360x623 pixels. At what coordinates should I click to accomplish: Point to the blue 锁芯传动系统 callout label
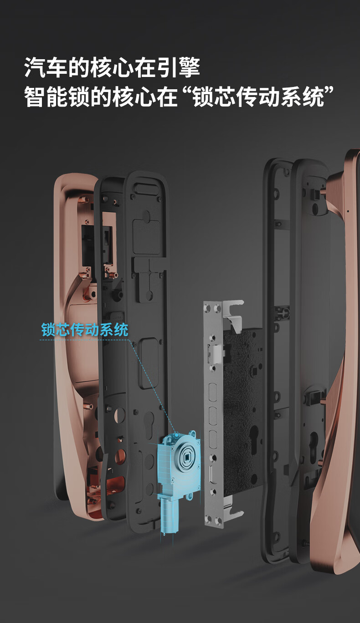click(85, 330)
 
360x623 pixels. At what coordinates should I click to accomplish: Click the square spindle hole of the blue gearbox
click(186, 455)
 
